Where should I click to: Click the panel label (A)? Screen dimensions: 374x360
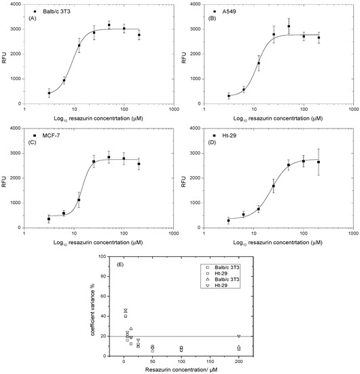[31, 18]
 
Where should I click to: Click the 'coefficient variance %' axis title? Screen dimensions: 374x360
[101, 305]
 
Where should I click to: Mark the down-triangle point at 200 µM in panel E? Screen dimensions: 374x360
[238, 336]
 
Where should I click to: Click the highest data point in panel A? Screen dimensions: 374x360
[109, 25]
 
